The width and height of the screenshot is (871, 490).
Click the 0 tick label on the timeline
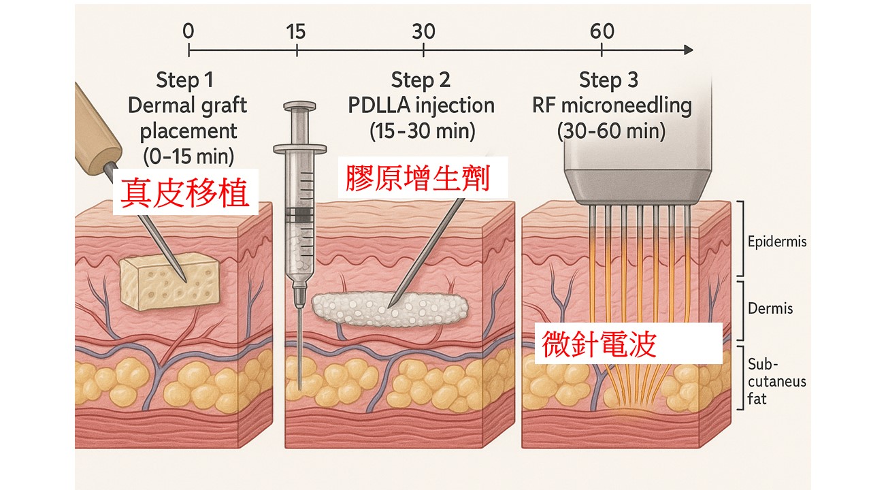tap(188, 31)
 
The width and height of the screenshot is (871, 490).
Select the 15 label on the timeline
tap(296, 31)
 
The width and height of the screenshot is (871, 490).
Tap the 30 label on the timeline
tap(423, 31)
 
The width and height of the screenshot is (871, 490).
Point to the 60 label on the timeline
tap(602, 31)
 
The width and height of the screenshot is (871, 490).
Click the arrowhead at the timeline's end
tap(688, 50)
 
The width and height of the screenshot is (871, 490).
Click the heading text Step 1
tap(184, 80)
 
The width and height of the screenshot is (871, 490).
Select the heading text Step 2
tap(421, 80)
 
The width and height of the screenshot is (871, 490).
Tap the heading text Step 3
tap(608, 80)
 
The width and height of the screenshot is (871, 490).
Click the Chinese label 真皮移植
tap(184, 192)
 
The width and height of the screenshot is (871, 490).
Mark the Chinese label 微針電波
tap(599, 344)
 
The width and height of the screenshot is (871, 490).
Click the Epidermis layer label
tap(776, 242)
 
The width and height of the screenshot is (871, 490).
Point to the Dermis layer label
tap(770, 308)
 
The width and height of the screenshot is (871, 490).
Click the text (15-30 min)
tap(423, 131)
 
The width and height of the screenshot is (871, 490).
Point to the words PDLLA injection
tap(421, 105)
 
